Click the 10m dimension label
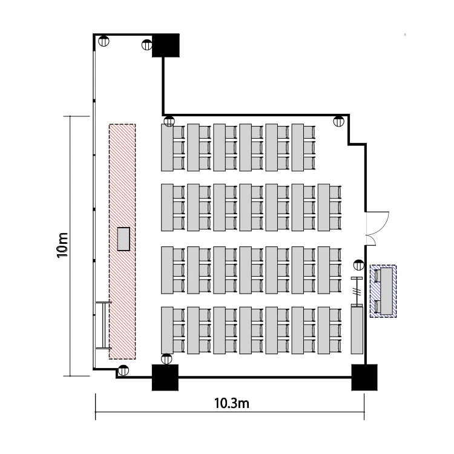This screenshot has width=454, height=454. click(62, 245)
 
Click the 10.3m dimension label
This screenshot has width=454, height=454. click(232, 403)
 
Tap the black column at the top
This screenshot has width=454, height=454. click(166, 45)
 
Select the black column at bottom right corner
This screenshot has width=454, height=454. click(364, 377)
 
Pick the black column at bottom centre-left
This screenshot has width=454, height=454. click(165, 377)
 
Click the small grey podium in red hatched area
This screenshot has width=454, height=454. click(123, 239)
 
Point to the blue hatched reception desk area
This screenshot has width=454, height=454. click(383, 291)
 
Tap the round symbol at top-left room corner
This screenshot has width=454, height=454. click(104, 41)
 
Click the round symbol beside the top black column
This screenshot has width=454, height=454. click(147, 45)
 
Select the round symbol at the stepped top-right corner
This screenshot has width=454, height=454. click(339, 121)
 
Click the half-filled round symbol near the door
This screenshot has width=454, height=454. click(359, 265)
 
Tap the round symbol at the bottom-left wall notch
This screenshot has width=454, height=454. click(123, 370)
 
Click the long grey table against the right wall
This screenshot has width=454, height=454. click(357, 330)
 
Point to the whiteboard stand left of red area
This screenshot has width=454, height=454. click(104, 325)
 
